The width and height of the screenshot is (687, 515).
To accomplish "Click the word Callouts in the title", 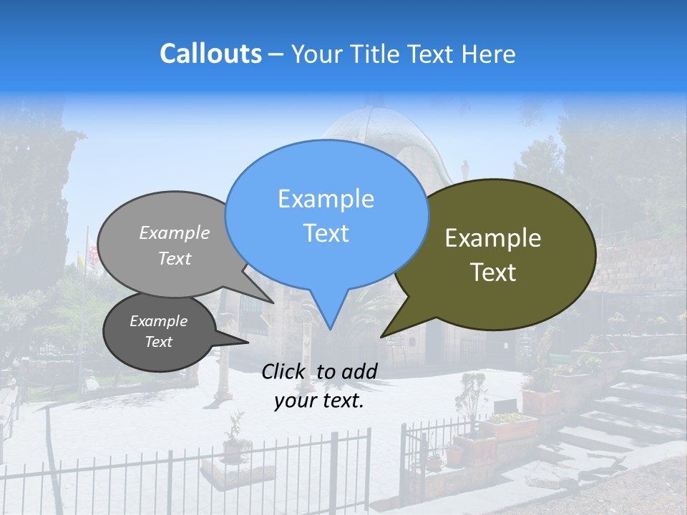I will [x=210, y=54].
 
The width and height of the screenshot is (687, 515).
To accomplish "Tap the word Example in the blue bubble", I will [x=326, y=199].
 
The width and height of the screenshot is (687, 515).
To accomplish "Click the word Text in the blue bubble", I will [x=326, y=233].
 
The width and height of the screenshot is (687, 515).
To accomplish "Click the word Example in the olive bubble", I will [x=493, y=238].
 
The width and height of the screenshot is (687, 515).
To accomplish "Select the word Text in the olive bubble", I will [x=493, y=273].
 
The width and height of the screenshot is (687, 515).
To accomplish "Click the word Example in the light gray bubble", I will [x=175, y=233].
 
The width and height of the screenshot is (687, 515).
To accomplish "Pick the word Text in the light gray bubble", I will [x=175, y=259].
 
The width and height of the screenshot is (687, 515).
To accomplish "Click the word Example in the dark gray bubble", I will [x=158, y=321].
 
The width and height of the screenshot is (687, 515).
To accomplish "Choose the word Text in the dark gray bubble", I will [x=158, y=342].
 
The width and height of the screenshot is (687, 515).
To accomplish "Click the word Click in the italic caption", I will [x=285, y=371].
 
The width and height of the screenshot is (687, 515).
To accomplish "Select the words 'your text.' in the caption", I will [x=319, y=401].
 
